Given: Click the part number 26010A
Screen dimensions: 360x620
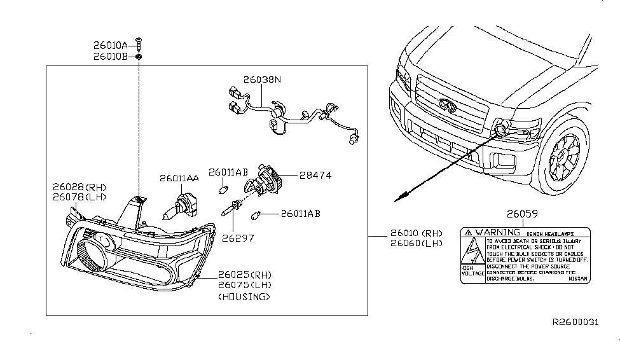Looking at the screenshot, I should tap(111, 45).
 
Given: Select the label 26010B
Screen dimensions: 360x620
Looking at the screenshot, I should tap(111, 56).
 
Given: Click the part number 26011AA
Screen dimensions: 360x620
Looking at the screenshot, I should tap(179, 179).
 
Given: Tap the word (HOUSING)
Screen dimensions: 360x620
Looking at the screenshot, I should tap(244, 296).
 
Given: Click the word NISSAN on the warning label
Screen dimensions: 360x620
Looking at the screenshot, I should tap(577, 279).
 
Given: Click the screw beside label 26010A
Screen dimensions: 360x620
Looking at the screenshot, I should tap(139, 45).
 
